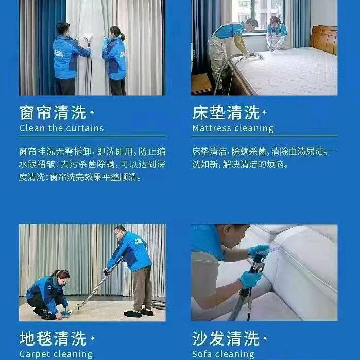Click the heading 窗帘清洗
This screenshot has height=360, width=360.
53,113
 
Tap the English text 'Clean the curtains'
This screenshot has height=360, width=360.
61,128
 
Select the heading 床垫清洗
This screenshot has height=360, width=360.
226,113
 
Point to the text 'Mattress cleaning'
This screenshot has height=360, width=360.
233,128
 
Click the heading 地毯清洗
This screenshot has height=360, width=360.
53,338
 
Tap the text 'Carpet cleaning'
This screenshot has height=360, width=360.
56,354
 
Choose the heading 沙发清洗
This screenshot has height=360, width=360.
226,338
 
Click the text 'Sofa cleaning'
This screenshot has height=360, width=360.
223,354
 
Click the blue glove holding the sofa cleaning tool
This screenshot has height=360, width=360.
250,279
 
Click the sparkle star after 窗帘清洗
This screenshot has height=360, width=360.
92,112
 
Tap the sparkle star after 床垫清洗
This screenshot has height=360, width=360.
265,112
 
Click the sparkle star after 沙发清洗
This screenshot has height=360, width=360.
265,338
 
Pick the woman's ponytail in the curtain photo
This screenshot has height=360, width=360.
123,37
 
